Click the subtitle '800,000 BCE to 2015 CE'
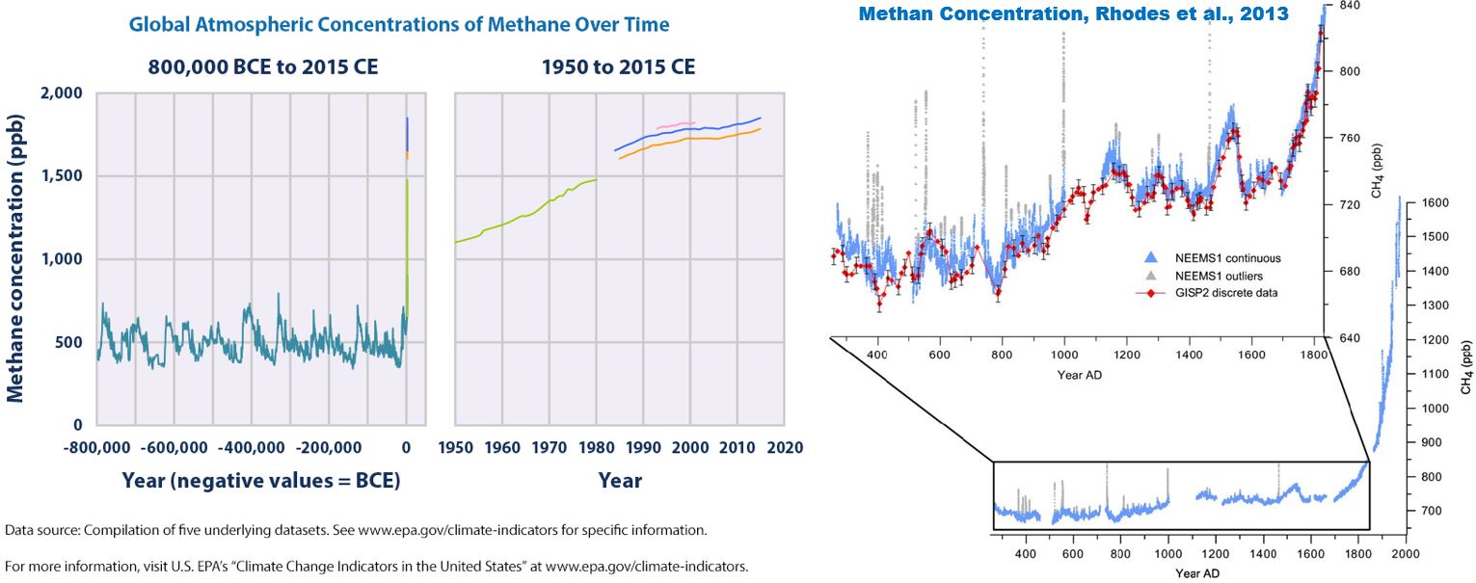[263, 67]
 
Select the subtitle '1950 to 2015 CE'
[618, 67]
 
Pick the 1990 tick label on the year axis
[642, 448]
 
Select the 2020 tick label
[783, 448]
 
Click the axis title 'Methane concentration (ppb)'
[16, 258]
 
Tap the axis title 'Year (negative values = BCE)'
[260, 480]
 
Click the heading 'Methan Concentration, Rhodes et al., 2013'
[1074, 14]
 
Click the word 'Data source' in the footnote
[37, 531]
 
